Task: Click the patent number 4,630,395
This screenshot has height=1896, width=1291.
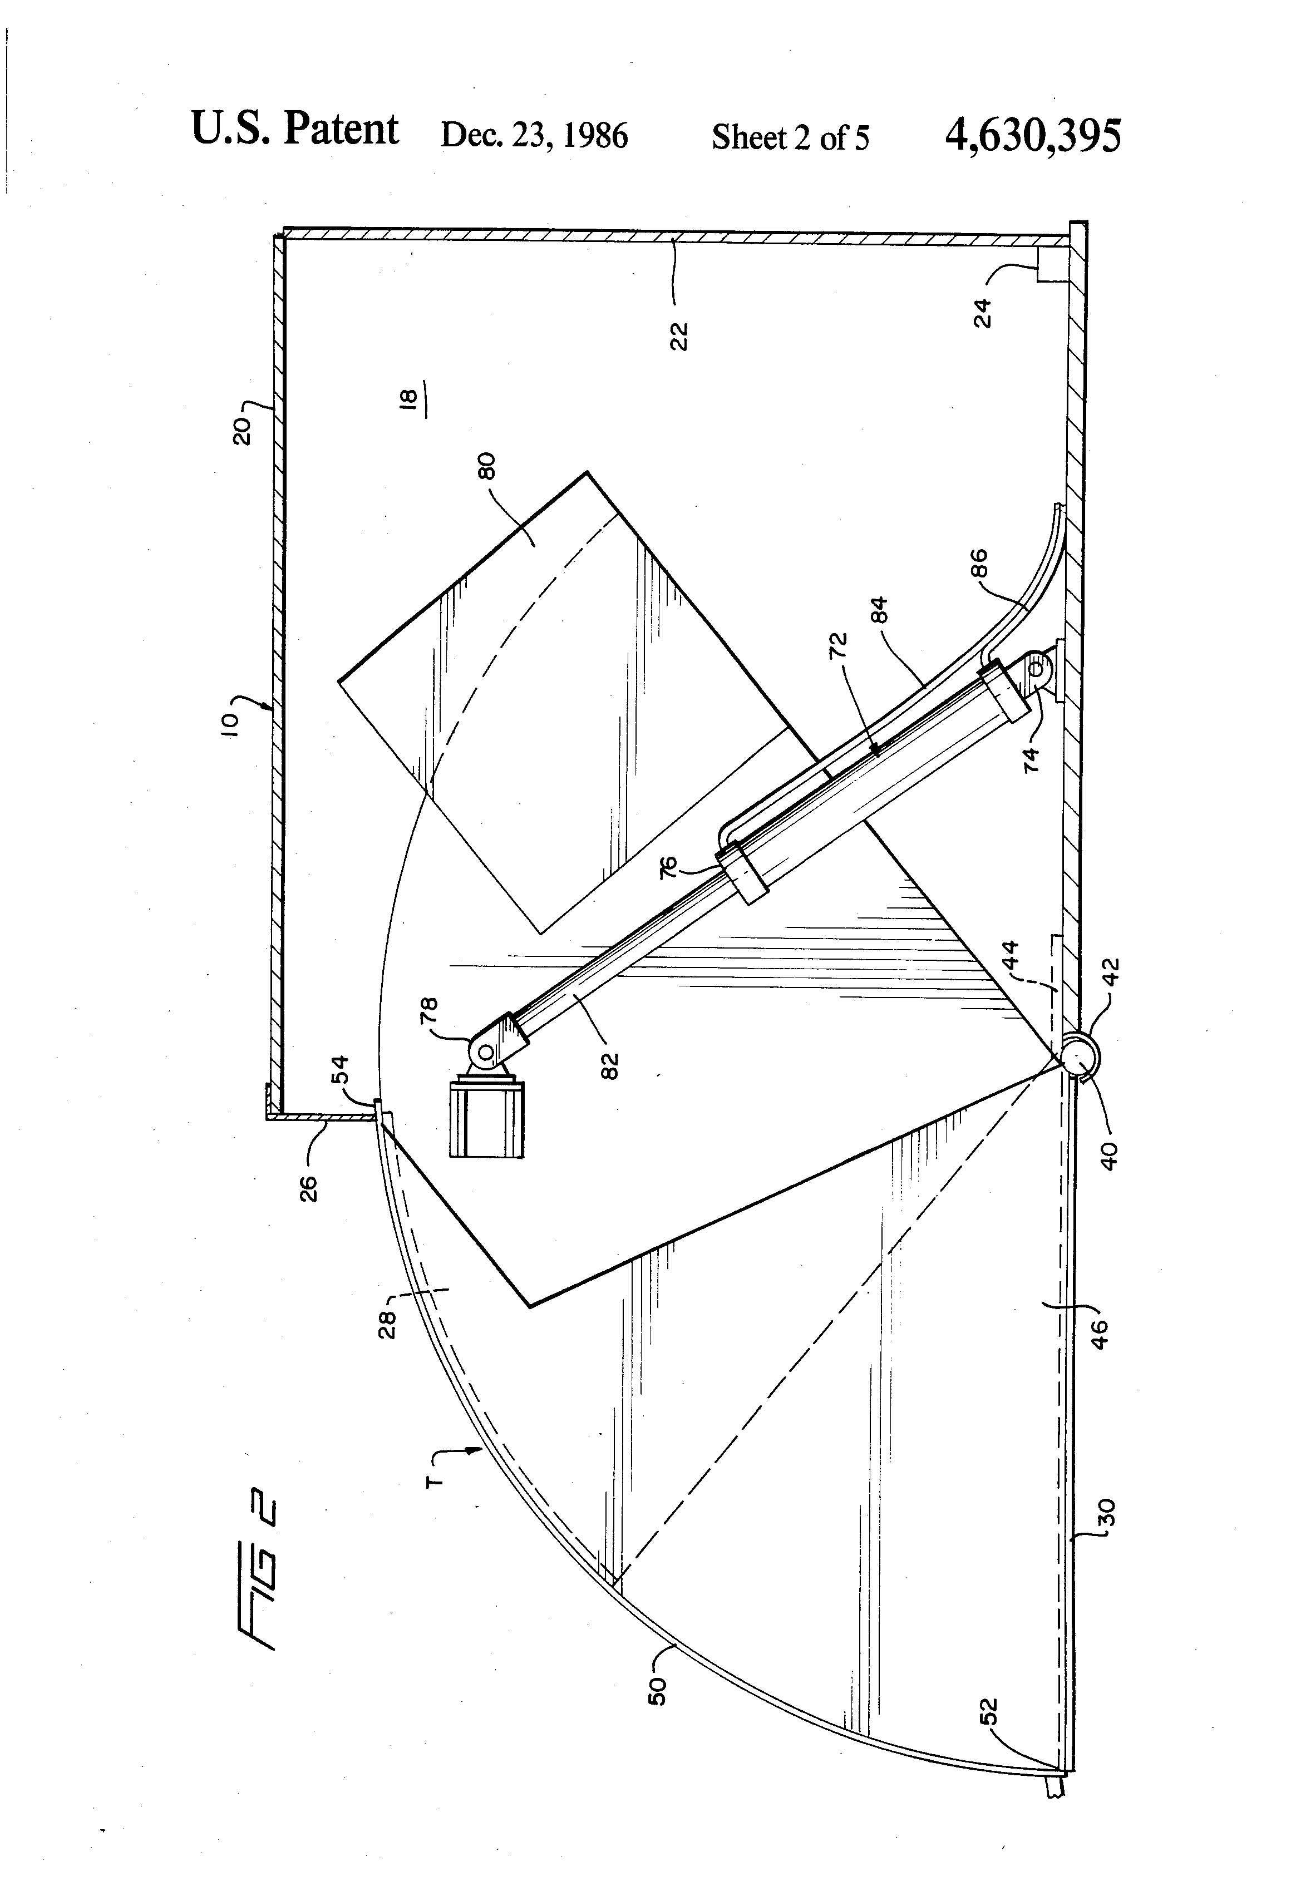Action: point(1032,135)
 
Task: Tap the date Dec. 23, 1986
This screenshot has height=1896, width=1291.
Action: point(534,135)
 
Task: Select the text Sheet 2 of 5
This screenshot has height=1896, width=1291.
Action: point(790,137)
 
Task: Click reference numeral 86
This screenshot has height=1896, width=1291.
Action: point(979,563)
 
